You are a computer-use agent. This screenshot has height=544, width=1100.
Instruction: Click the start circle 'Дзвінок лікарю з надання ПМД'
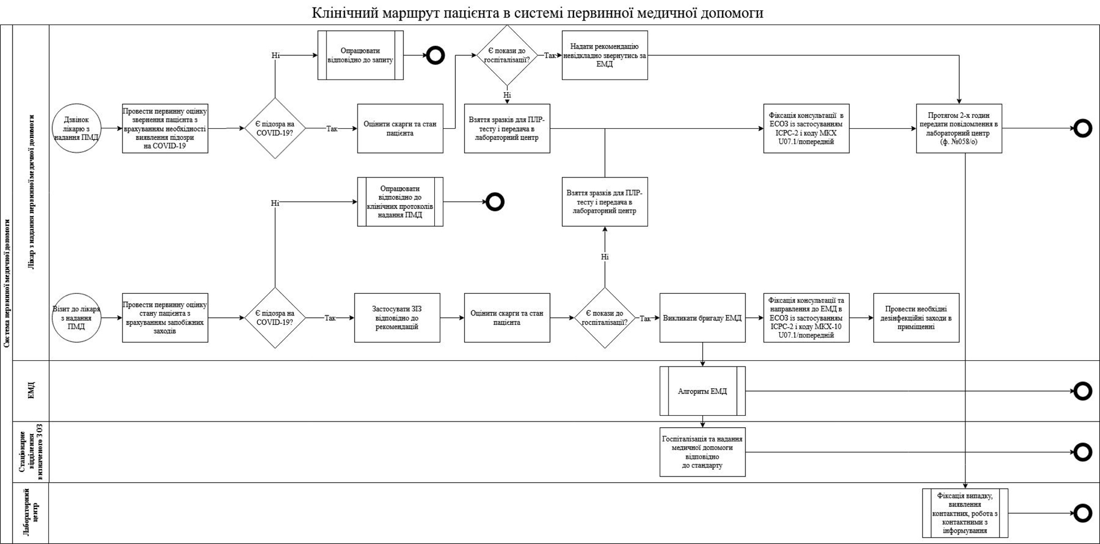[x=76, y=128]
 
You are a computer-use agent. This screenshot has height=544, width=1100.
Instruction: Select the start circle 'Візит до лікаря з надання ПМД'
[x=76, y=318]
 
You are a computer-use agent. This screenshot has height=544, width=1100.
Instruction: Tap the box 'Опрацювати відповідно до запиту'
[x=360, y=55]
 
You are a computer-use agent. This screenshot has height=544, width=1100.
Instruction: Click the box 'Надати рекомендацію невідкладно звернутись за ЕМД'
[x=604, y=55]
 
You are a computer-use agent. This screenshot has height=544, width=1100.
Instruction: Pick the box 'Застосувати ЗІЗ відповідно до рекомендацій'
[x=397, y=318]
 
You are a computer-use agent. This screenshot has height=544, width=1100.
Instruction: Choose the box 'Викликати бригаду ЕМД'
[x=702, y=318]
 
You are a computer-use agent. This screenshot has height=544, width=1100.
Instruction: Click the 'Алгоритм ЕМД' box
[x=702, y=391]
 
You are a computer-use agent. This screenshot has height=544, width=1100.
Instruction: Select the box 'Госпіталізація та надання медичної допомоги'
[x=702, y=452]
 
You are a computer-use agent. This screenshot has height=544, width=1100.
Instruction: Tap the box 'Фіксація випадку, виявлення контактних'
[x=965, y=513]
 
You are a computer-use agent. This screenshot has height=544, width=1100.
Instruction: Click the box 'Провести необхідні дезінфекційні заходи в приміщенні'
[x=916, y=318]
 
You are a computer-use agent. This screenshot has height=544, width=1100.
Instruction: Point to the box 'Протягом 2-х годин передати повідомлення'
[x=959, y=128]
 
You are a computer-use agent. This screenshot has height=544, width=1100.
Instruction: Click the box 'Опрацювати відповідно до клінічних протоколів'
[x=400, y=202]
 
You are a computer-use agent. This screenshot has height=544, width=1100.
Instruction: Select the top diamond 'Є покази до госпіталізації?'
[x=507, y=55]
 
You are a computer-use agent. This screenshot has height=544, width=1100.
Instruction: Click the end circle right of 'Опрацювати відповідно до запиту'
[x=435, y=55]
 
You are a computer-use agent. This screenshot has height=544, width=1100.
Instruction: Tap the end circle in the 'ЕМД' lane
[x=1082, y=391]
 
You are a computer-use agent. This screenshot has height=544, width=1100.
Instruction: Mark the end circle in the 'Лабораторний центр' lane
[x=1082, y=513]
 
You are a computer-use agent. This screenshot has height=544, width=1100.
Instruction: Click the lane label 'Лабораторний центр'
[x=31, y=513]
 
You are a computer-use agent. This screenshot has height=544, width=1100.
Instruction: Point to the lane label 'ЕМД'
[x=31, y=391]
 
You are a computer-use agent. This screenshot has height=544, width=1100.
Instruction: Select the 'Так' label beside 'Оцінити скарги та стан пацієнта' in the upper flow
[x=332, y=128]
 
